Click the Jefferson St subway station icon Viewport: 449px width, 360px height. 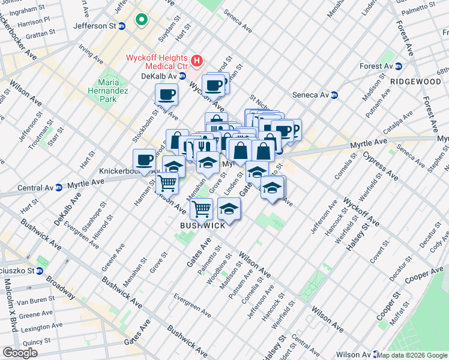click(122, 26)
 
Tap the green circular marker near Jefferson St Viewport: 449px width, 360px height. click(142, 21)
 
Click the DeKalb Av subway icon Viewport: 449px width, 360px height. click(182, 76)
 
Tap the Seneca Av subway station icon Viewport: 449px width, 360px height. click(334, 95)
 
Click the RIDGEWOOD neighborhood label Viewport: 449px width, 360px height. click(415, 81)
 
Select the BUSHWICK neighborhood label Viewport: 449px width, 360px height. click(203, 225)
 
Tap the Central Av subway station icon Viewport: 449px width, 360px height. click(59, 187)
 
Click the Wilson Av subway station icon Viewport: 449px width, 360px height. click(376, 354)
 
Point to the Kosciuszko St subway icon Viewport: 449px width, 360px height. click(39, 271)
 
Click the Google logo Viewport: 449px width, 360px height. click(20, 353)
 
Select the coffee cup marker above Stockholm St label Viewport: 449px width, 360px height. click(166, 94)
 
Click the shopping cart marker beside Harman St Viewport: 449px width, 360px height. click(167, 182)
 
